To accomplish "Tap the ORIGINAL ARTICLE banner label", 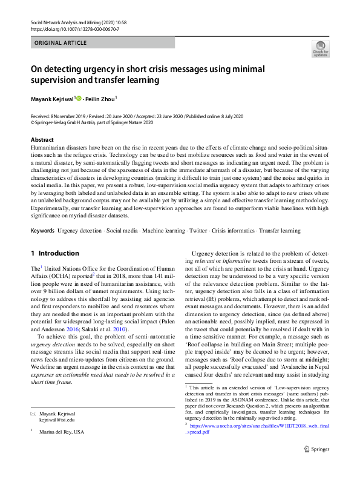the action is (61, 43).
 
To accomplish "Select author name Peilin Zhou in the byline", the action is (99, 97).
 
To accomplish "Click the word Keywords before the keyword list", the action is (42, 231).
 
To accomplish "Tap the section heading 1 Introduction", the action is (54, 253).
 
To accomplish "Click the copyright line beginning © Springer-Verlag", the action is (91, 122).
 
